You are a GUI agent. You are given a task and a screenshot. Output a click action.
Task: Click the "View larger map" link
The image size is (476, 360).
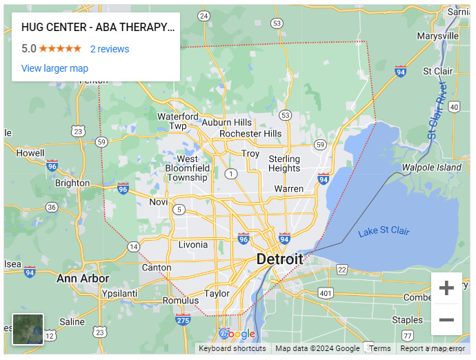coord(54,68)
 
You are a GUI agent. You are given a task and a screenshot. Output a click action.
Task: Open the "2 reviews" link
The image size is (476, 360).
coord(110,49)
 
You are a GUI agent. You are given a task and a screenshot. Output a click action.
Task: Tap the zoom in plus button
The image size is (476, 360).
coord(446,288)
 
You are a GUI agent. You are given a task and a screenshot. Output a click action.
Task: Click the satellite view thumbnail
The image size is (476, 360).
coord(28,329)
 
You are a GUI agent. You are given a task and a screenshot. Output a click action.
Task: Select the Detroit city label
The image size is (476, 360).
coord(279,259)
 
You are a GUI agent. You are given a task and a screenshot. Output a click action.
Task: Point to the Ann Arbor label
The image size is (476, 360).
coord(82,279)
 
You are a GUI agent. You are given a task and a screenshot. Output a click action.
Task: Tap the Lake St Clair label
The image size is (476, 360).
coord(384,231)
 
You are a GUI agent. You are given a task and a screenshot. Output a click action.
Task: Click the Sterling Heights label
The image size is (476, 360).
coord(284,163)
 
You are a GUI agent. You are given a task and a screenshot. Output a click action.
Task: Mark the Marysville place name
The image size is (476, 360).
coord(438,35)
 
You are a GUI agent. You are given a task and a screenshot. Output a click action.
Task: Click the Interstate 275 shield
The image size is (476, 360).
coord(183,319)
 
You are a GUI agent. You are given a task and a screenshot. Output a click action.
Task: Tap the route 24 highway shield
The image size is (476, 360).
coord(203,15)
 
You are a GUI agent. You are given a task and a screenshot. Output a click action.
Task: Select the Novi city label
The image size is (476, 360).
coord(159,202)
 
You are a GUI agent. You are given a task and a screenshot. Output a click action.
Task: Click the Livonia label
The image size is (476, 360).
coord(192,245)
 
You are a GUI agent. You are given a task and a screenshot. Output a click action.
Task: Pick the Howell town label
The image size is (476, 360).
coord(30,153)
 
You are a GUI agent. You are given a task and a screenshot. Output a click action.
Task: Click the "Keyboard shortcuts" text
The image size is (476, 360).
coord(232,348)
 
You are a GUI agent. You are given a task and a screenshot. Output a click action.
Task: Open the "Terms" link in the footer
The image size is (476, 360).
coord(380,348)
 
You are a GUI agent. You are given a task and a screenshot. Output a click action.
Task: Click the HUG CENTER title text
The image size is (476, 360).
coord(98,28)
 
